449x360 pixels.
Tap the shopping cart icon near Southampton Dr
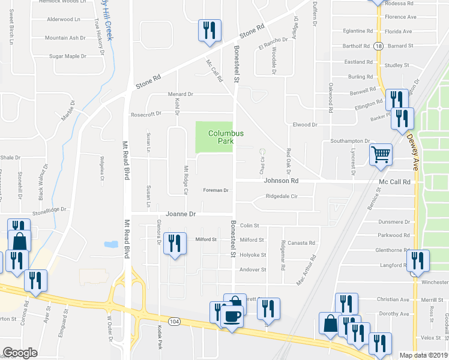coord(381,155)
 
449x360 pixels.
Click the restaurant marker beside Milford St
coord(175,244)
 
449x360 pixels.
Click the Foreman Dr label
coord(217,190)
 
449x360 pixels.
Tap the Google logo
coord(20,353)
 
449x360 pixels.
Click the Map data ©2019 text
coord(423,355)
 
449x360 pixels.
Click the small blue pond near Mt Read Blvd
coord(110,244)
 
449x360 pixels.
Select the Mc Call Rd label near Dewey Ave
coord(394,182)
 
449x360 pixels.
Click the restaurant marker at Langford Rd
coord(418,260)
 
